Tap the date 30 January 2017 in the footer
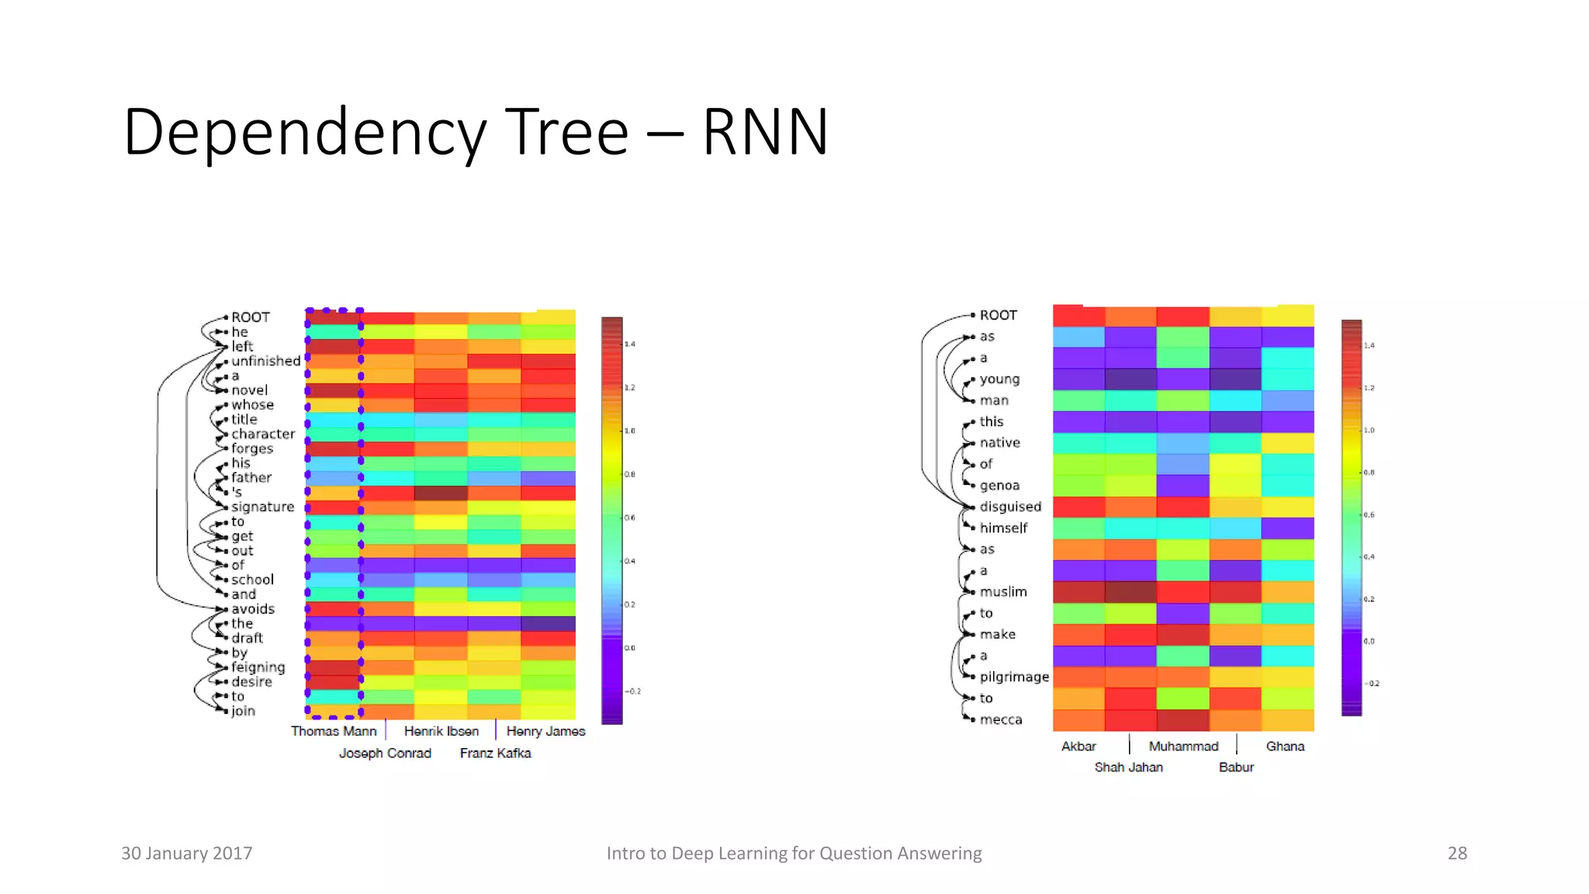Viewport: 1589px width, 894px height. tap(186, 853)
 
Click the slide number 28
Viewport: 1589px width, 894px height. tap(1457, 853)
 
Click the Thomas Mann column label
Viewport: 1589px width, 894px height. tap(334, 731)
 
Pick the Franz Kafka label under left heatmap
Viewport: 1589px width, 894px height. tap(495, 753)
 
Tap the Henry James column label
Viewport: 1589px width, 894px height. tap(545, 731)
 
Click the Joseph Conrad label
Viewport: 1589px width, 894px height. tap(385, 753)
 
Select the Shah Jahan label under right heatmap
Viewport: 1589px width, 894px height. tap(1128, 767)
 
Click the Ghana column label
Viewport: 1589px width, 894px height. tap(1285, 746)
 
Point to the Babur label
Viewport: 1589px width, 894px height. tap(1236, 767)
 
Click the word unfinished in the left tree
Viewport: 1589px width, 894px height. tap(265, 361)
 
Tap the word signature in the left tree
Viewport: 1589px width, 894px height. tap(262, 507)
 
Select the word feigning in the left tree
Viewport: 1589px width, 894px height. tap(258, 667)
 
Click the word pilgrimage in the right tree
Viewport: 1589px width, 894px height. tap(1013, 677)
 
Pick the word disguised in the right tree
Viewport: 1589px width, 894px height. tap(1010, 507)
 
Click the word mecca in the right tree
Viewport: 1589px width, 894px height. tap(1000, 719)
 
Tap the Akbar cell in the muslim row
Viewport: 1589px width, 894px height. tap(1078, 592)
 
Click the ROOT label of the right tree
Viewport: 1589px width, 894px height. tap(998, 315)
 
